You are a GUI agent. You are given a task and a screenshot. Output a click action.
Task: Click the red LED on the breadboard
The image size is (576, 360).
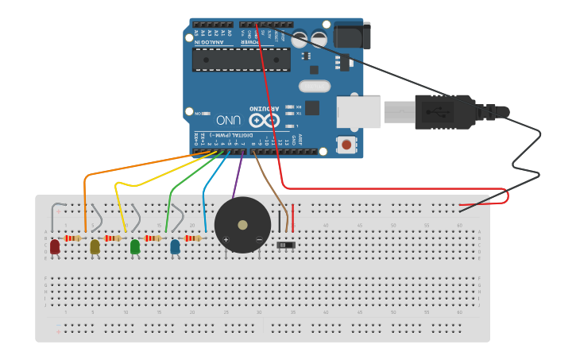[54, 247]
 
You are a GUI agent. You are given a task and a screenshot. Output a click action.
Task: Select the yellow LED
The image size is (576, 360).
[95, 247]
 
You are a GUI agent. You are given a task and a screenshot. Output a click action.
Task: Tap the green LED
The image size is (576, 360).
[135, 247]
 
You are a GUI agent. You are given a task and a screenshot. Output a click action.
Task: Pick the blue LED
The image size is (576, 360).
[175, 247]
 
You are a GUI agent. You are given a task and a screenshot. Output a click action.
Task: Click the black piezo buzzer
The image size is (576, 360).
[242, 225]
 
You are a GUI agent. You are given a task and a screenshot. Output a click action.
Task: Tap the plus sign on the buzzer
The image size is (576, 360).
[226, 239]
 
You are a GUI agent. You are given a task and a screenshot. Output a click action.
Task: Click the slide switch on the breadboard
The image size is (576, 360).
[286, 245]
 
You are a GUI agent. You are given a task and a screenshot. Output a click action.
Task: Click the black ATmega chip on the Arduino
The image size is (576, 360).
[241, 59]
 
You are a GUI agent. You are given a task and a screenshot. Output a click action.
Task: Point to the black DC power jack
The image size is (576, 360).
[351, 35]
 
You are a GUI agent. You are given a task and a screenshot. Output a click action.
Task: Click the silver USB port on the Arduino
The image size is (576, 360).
[358, 112]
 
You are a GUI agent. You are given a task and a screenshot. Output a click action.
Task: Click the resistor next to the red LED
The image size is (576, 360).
[73, 238]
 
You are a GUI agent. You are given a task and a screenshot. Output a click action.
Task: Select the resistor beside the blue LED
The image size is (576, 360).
[192, 238]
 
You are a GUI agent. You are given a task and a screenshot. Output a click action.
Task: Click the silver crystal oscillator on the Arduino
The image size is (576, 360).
[314, 86]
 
